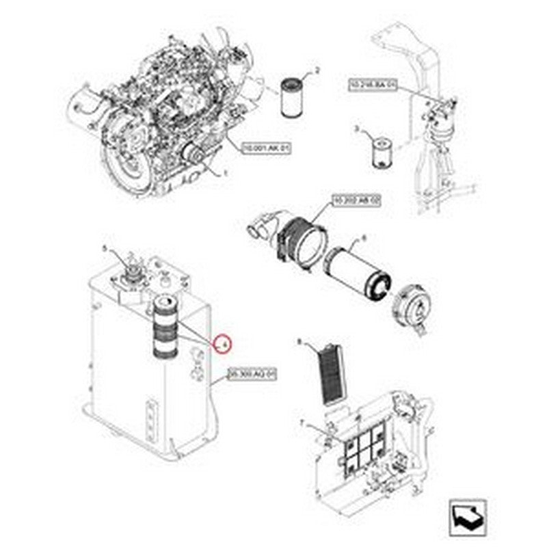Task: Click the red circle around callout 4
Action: (222, 343)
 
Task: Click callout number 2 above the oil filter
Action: (317, 70)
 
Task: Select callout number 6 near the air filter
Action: (363, 238)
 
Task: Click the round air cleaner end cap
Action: (416, 306)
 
